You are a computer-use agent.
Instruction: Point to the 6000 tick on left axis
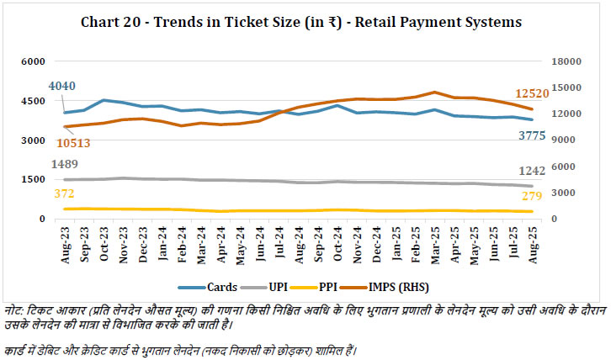33,61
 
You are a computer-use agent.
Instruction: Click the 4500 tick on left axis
33,101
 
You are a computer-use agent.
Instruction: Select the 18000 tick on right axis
564,61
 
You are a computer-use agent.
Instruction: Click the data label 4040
63,87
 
